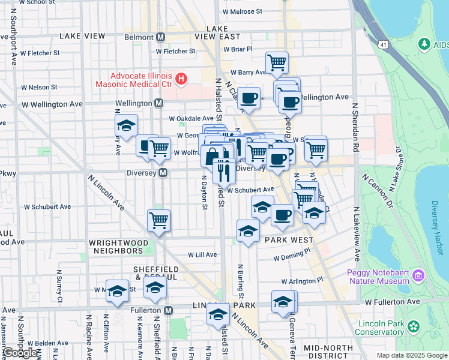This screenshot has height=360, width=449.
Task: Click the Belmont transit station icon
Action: (x=160, y=37)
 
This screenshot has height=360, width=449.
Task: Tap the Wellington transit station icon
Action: (x=158, y=103)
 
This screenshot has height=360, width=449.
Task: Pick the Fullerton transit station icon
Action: (x=169, y=310)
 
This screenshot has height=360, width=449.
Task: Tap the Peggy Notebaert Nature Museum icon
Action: (x=418, y=277)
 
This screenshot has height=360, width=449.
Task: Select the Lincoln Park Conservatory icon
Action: (x=414, y=326)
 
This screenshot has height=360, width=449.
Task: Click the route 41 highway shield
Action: (x=383, y=44)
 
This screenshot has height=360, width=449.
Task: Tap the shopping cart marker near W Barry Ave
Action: (x=277, y=62)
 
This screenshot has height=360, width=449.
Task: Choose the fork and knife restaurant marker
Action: (x=224, y=170)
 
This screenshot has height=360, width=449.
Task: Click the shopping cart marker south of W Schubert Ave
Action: (x=158, y=220)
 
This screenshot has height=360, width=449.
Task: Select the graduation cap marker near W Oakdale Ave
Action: (x=126, y=125)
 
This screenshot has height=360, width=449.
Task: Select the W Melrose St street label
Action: (x=242, y=11)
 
